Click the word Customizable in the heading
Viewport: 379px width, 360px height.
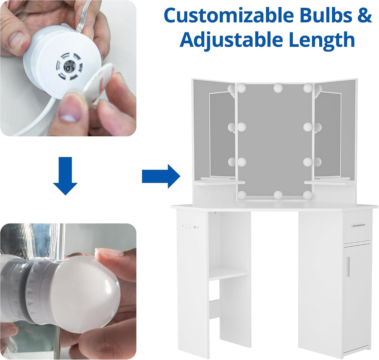(x=229, y=16)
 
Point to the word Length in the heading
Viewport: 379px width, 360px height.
(x=322, y=40)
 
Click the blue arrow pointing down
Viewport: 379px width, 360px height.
(x=65, y=176)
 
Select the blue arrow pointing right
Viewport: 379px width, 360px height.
(x=161, y=176)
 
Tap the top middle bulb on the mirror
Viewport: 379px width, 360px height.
(x=278, y=88)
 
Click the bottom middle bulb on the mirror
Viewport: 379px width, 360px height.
(x=278, y=195)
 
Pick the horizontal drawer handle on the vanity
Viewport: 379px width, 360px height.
(x=358, y=225)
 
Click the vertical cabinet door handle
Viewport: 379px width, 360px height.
(x=348, y=266)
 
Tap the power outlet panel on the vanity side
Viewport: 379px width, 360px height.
(x=191, y=227)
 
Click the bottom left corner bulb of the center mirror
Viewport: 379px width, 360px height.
(x=242, y=194)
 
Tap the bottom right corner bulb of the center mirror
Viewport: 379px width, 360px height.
(x=308, y=194)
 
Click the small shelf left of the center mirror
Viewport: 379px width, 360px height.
(x=219, y=183)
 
